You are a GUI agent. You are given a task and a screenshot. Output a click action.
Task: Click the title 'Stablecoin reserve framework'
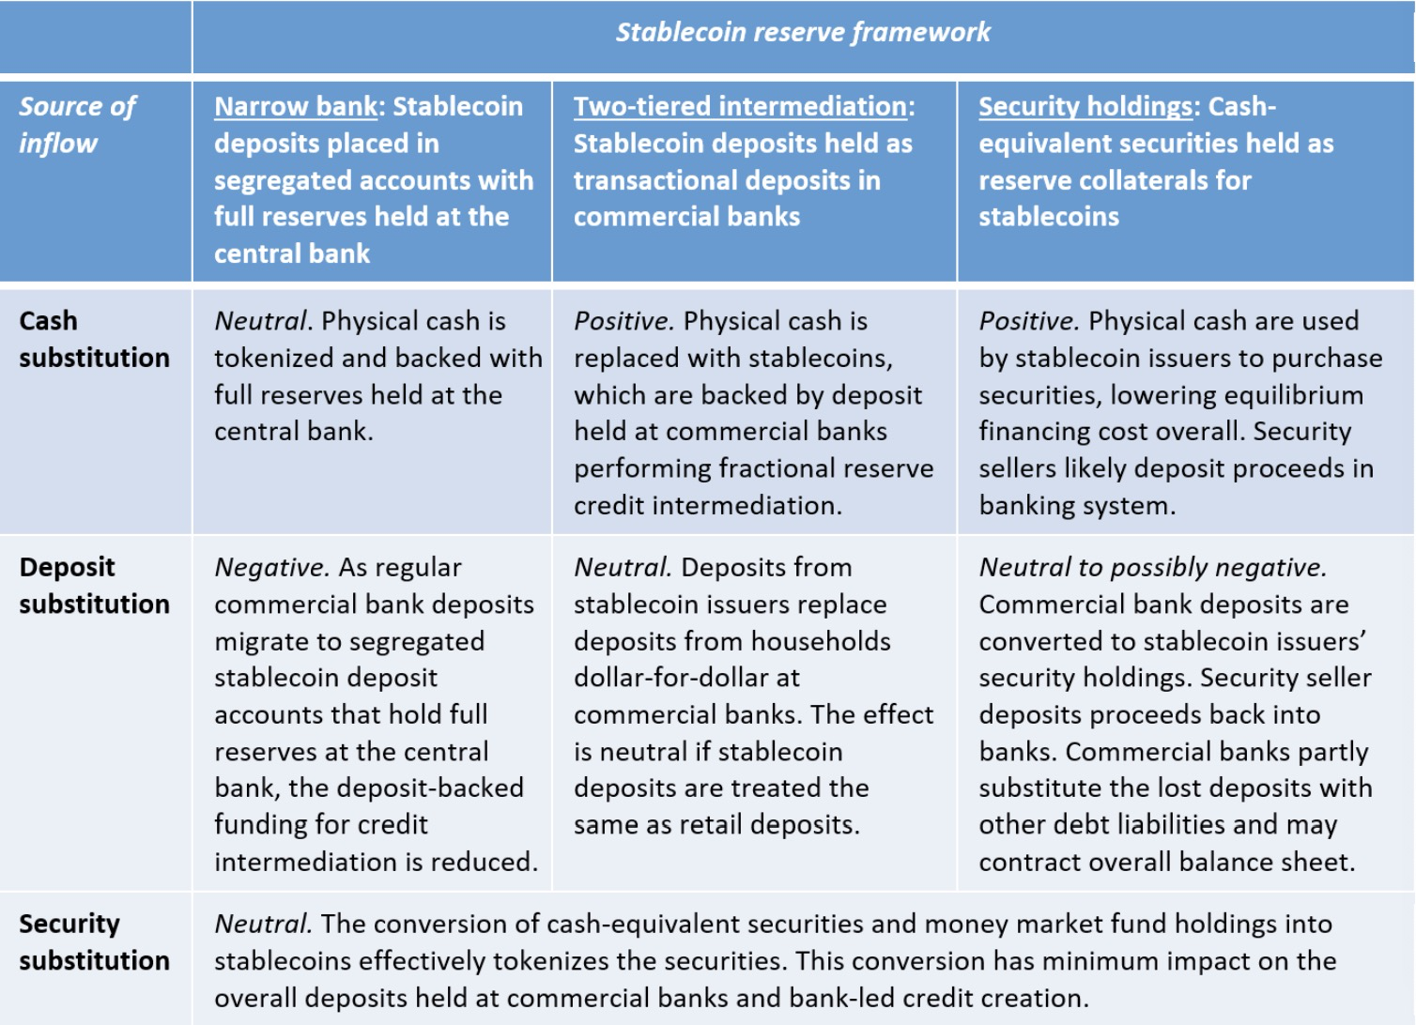point(803,33)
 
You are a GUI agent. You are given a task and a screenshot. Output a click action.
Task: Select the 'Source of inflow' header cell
point(77,124)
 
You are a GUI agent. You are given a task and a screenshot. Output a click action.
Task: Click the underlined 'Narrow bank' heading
point(295,107)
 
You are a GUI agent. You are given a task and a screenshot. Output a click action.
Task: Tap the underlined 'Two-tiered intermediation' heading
point(741,107)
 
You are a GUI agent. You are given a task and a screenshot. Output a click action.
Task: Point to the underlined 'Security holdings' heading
point(1085,107)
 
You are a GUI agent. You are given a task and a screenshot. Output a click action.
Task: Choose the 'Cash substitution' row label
point(94,339)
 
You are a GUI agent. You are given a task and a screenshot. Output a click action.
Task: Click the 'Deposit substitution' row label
point(94,585)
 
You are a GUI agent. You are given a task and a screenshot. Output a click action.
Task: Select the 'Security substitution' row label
point(94,941)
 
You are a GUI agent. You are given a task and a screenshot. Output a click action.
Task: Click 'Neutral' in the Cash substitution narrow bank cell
point(261,321)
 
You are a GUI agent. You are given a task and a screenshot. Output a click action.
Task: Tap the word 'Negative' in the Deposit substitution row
point(270,568)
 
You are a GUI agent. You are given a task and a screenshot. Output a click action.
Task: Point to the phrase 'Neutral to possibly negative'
point(1152,568)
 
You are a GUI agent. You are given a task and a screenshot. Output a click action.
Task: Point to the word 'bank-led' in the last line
point(843,997)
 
